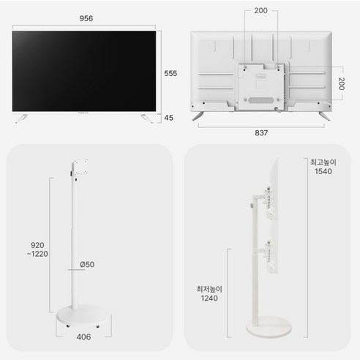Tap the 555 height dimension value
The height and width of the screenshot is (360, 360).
click(170, 72)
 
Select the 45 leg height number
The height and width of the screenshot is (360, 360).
click(170, 118)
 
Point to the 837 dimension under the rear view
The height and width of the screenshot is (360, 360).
click(261, 133)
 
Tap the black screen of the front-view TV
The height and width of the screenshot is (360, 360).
click(86, 71)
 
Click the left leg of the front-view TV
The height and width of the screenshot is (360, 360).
click(22, 117)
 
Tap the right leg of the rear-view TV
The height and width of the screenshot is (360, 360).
click(324, 116)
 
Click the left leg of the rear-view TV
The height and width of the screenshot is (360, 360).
click(198, 116)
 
